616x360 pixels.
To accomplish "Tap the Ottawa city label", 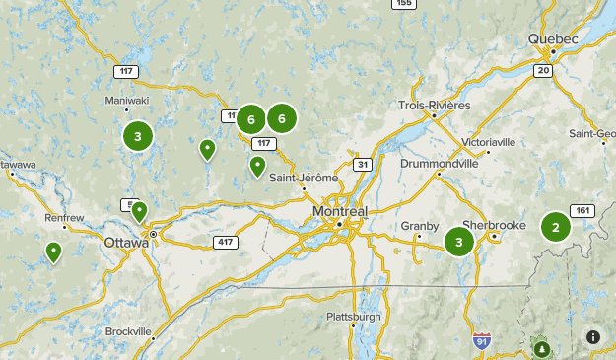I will (x=124, y=242).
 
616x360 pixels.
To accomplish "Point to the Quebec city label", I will (x=552, y=38).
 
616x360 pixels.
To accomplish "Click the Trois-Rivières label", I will (x=435, y=106).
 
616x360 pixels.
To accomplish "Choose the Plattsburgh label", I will (x=353, y=317).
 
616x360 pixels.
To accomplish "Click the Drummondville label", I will (x=439, y=164).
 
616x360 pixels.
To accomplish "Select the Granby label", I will (x=419, y=226).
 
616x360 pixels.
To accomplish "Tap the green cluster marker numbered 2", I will (x=556, y=228).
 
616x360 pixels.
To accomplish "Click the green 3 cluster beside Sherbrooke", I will (x=458, y=242).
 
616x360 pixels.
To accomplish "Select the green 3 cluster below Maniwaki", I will (x=137, y=137).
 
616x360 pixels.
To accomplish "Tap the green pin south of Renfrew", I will (x=53, y=252).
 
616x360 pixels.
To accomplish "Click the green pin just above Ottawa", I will (x=140, y=210).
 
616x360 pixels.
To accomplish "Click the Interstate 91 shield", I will (x=481, y=341).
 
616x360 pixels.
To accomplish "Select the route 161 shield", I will (x=582, y=211).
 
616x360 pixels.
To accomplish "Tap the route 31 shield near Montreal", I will (x=363, y=164).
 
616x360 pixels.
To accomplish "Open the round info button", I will (x=593, y=337).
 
